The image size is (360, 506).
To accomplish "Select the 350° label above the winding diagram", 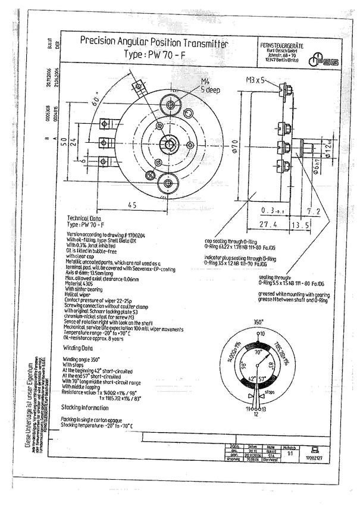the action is [258, 321].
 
